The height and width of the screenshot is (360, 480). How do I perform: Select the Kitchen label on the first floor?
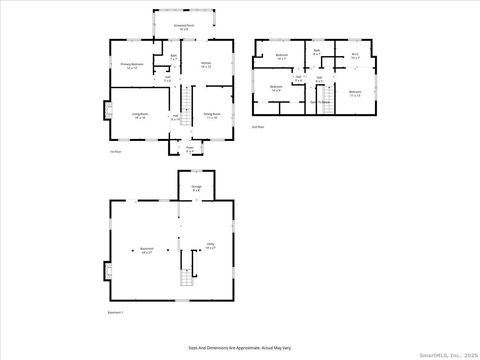(206, 65)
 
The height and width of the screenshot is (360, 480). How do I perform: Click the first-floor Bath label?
(173, 58)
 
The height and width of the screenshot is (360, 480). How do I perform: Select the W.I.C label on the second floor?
(354, 57)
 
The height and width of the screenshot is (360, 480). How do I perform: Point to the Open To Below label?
(320, 102)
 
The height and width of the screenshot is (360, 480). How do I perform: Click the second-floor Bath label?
(316, 52)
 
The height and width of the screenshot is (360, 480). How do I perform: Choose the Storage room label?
(196, 189)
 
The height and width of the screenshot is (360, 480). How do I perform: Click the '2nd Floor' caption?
(258, 127)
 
